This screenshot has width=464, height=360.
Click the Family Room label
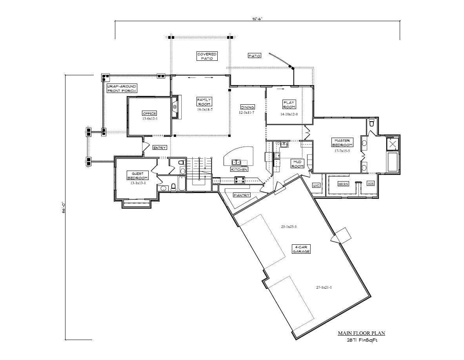pos(204,102)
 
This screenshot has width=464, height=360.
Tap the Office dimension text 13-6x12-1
pos(149,118)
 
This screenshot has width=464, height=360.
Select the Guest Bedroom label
pos(137,175)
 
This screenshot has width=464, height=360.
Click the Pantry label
pos(241,195)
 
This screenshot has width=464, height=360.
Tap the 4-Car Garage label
pos(301,249)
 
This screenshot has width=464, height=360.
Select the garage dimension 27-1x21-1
pos(324,287)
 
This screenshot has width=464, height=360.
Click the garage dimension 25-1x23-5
pos(289,227)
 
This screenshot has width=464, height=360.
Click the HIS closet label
pos(370,184)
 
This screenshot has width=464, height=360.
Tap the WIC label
pos(317,185)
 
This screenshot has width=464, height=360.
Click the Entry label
pos(160,148)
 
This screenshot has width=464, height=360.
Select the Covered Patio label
pos(207,56)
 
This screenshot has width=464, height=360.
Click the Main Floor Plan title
pos(361,333)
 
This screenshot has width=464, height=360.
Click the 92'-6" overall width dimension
pos(257,18)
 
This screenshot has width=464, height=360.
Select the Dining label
pos(247,107)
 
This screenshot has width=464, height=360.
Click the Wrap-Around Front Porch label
pos(122,88)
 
